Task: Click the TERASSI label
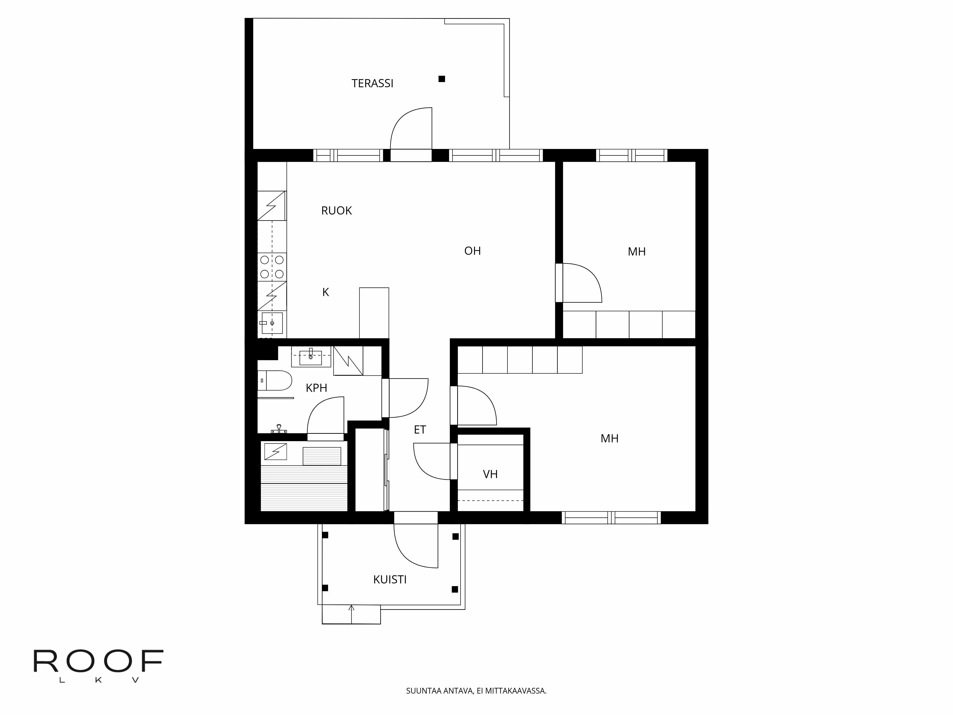[x=372, y=83]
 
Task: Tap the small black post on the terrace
[x=442, y=79]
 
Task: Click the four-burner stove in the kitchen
[x=272, y=267]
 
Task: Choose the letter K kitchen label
[x=326, y=292]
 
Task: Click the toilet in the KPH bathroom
[x=275, y=381]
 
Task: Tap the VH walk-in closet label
[x=490, y=474]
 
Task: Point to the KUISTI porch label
[x=390, y=580]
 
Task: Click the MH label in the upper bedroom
[x=637, y=252]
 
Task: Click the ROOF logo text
[x=98, y=662]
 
